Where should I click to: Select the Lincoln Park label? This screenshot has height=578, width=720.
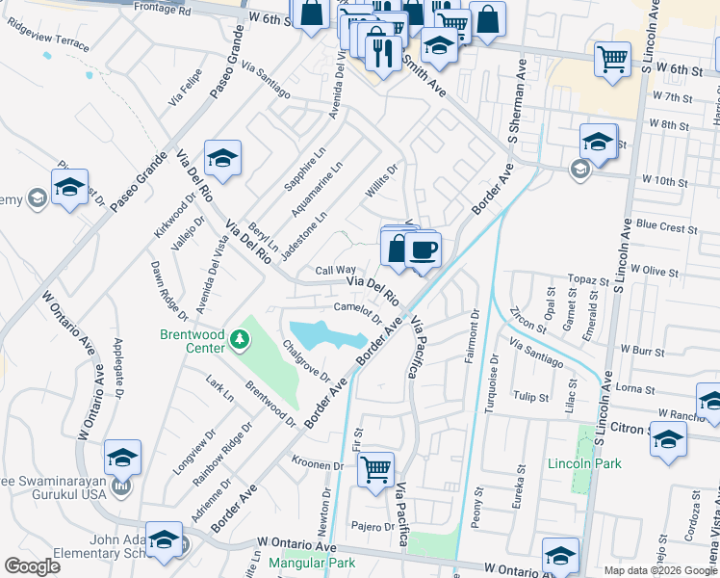(x=583, y=463)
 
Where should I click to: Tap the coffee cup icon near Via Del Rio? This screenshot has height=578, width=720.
(x=423, y=251)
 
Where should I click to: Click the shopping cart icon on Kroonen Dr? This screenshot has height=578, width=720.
(x=375, y=469)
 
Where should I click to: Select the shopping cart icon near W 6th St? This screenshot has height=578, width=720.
(x=612, y=60)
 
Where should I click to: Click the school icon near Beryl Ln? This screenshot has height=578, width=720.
(x=222, y=158)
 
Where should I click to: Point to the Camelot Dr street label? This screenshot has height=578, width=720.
(x=358, y=313)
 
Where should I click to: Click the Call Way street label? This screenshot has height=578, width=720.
(x=336, y=271)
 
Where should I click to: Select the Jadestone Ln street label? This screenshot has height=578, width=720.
(x=304, y=235)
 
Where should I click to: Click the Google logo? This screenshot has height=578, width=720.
(x=33, y=566)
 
